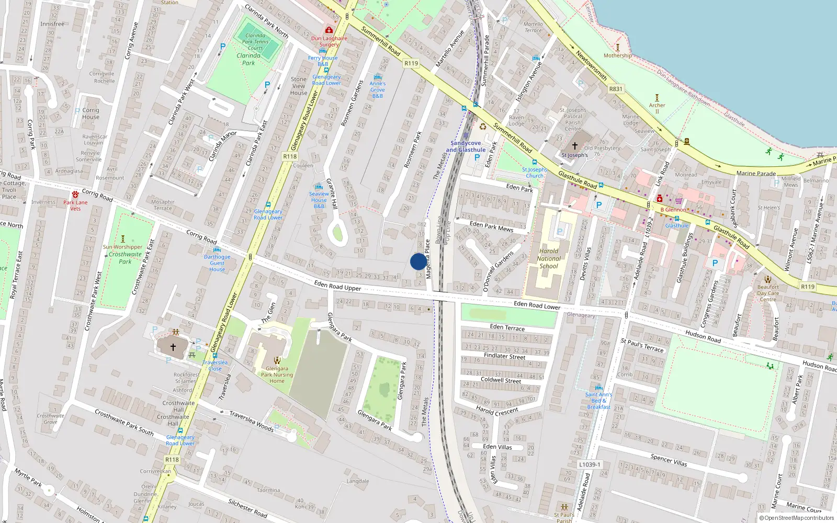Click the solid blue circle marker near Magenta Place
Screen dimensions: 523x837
pyautogui.click(x=418, y=261)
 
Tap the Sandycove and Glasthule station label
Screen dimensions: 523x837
pyautogui.click(x=466, y=146)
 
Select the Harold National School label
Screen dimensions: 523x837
pyautogui.click(x=549, y=258)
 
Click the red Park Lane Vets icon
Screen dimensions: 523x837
pyautogui.click(x=75, y=195)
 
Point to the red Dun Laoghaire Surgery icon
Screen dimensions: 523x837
pyautogui.click(x=329, y=30)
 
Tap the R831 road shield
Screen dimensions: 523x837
pyautogui.click(x=616, y=89)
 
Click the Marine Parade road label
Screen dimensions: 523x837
pyautogui.click(x=756, y=173)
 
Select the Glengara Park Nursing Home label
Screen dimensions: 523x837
pyautogui.click(x=277, y=374)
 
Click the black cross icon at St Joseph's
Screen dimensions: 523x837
pyautogui.click(x=574, y=146)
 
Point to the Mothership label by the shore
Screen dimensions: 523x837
pyautogui.click(x=618, y=55)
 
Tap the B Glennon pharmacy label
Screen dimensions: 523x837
pyautogui.click(x=673, y=210)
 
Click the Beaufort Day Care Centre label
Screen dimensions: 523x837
pyautogui.click(x=768, y=293)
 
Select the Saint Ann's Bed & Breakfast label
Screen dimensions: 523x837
pyautogui.click(x=598, y=401)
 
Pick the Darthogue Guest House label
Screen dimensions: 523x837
pyautogui.click(x=217, y=263)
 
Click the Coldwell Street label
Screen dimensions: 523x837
pyautogui.click(x=501, y=380)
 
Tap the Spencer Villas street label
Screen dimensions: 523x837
pyautogui.click(x=669, y=460)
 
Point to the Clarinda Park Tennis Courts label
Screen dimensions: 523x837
pyautogui.click(x=255, y=42)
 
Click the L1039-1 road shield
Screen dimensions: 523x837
pyautogui.click(x=590, y=464)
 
